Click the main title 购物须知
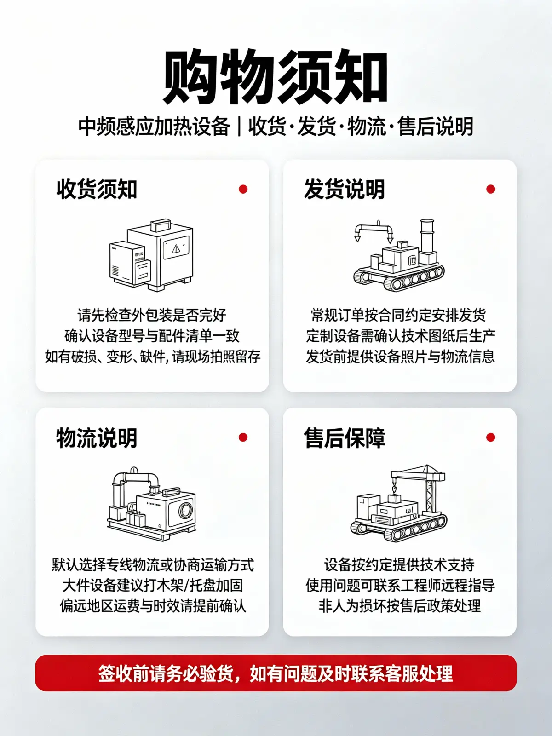tap(275, 77)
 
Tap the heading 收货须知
tap(97, 190)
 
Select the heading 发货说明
tap(344, 190)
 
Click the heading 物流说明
tap(97, 437)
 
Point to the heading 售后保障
tap(344, 437)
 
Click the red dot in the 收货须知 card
tap(243, 190)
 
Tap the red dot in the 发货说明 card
tap(491, 190)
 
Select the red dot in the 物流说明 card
tap(243, 437)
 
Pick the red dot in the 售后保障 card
tap(491, 437)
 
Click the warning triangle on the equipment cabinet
tap(176, 248)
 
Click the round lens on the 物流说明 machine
tap(185, 511)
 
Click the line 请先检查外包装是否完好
tap(152, 315)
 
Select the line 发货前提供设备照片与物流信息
tap(400, 356)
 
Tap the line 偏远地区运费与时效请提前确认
tap(153, 606)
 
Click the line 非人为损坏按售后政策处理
tap(400, 606)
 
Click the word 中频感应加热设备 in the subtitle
tap(154, 127)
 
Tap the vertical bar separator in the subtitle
tap(239, 127)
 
